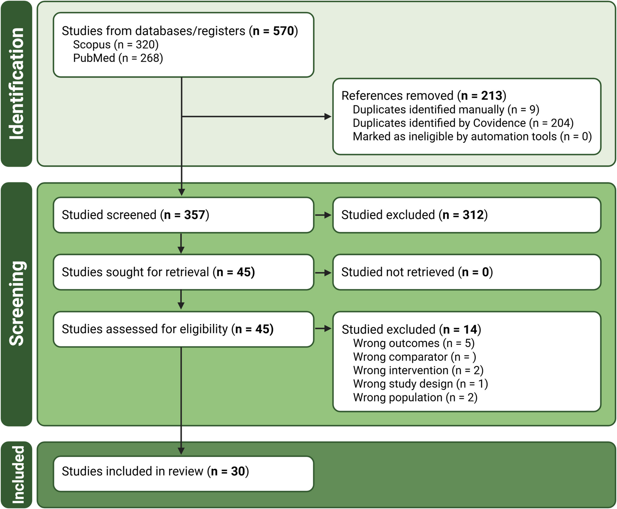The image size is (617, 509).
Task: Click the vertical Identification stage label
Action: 16,84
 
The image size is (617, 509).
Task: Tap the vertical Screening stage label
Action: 16,303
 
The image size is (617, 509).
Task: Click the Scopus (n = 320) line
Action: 116,44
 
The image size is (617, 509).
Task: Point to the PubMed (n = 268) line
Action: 118,58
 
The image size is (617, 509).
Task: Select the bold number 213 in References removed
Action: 492,95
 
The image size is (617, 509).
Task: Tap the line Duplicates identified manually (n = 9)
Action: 446,109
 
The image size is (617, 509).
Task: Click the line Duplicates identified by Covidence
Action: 463,123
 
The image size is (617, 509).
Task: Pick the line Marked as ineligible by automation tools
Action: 472,136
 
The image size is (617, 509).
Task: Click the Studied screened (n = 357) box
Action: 184,215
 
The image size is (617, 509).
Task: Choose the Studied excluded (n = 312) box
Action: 467,215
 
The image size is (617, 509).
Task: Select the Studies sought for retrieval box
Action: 184,272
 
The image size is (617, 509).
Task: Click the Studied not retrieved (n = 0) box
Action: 467,272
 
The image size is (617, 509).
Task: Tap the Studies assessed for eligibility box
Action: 184,329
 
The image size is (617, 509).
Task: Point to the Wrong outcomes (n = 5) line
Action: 414,343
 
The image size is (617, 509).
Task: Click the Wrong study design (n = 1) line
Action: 420,384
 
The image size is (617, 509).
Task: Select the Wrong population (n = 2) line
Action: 415,398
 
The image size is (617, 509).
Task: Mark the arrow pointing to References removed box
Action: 257,117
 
